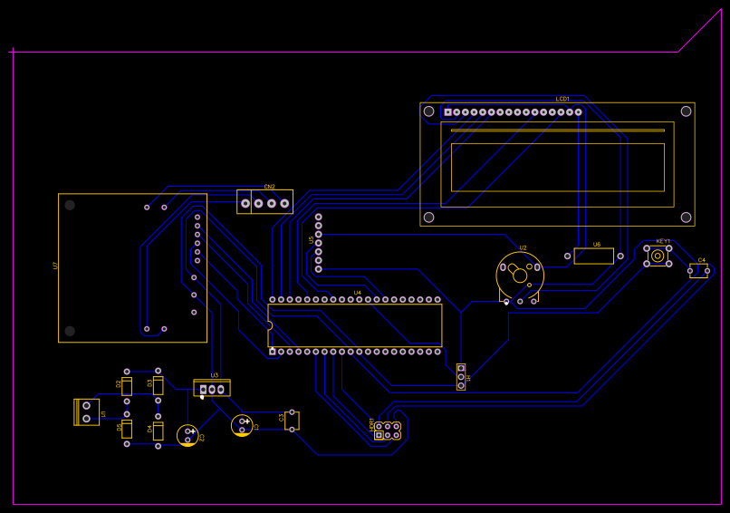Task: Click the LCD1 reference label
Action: tap(562, 98)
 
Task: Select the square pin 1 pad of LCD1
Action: tap(447, 112)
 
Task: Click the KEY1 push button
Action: tap(658, 256)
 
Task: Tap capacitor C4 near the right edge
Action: tap(699, 270)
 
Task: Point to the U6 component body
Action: tap(594, 256)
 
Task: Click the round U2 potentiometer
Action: tap(520, 275)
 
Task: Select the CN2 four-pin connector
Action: tap(265, 202)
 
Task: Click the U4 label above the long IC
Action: tap(357, 293)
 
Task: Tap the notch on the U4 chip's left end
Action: tap(269, 325)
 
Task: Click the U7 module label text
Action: tap(55, 266)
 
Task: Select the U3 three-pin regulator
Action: tap(212, 388)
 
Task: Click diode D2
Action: tap(127, 385)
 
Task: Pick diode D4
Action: tap(158, 431)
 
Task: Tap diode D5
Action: tap(127, 429)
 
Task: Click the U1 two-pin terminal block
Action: tap(87, 412)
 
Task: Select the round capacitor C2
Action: tap(187, 435)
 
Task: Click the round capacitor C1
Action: tap(242, 425)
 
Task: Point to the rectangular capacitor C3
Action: tap(292, 421)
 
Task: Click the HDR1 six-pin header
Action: tap(388, 431)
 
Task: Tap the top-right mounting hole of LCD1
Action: tap(687, 111)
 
